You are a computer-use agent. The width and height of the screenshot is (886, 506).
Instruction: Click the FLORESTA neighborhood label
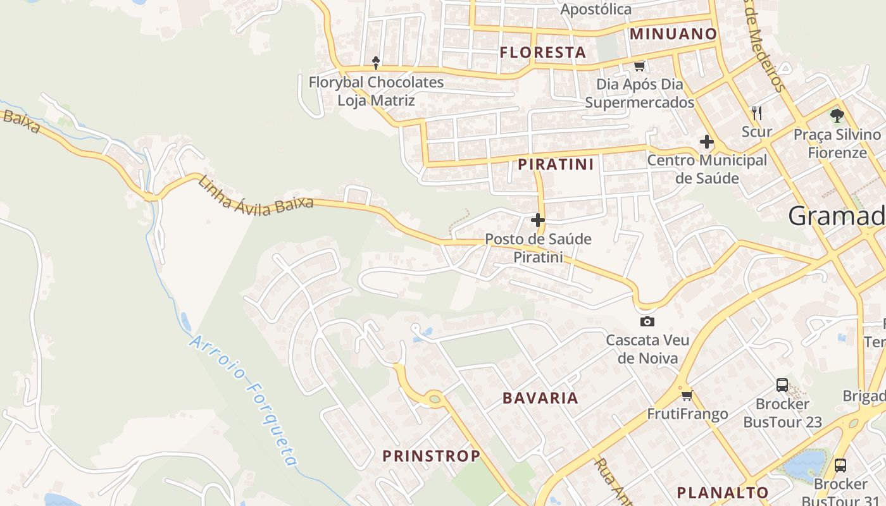click(543, 52)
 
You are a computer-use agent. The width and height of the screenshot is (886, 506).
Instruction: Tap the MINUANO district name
click(673, 34)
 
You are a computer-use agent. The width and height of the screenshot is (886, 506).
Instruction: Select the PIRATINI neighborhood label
click(556, 165)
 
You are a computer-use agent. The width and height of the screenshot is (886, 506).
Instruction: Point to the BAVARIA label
click(540, 398)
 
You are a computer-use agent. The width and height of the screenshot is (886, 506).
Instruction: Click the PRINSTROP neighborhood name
click(431, 456)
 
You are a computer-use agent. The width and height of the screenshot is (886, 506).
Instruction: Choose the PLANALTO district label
click(722, 493)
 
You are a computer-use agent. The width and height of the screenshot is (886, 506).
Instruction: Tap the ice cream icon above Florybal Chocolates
click(376, 63)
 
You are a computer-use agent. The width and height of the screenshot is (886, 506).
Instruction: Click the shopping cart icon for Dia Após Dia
click(639, 66)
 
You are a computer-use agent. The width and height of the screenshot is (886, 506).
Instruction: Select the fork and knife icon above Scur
click(757, 113)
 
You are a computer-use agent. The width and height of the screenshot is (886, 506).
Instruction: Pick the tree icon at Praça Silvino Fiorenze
click(837, 115)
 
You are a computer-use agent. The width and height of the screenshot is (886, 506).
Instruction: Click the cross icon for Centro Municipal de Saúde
click(707, 142)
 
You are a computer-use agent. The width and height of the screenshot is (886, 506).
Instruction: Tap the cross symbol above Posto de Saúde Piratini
click(538, 220)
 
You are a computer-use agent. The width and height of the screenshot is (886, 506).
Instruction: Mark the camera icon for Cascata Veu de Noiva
click(647, 321)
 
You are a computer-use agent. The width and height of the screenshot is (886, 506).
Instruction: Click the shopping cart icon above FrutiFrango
click(687, 396)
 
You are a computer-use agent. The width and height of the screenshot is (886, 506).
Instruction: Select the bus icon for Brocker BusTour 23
click(782, 385)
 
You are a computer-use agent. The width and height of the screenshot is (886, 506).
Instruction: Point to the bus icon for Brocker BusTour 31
click(840, 466)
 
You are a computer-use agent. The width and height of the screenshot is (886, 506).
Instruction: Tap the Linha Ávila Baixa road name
click(256, 196)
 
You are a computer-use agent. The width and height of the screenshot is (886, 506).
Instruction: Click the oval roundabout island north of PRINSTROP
click(434, 398)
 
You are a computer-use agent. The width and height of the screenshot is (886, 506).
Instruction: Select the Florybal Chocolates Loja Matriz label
click(376, 91)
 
